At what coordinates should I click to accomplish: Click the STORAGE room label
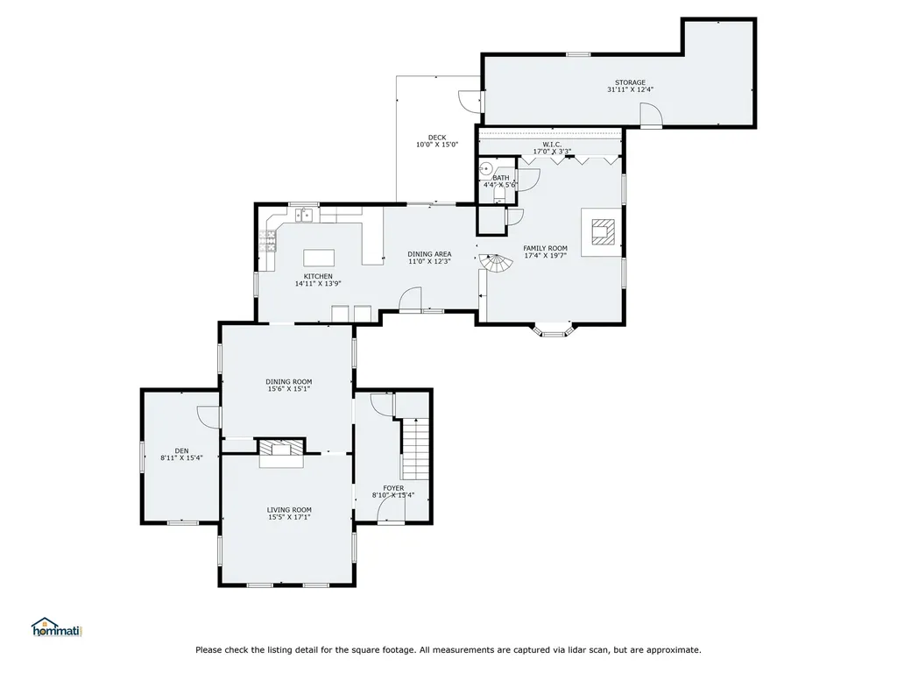coord(631,82)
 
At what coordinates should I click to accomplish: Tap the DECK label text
coord(437,138)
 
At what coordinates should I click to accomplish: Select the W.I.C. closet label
coord(552,145)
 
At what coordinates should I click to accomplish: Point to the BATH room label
coord(500,178)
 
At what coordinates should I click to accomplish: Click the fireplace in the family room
coord(603,231)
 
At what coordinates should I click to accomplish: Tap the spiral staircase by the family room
coord(497,265)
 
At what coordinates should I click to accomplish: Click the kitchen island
coord(319,258)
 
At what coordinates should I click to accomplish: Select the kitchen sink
coord(303,216)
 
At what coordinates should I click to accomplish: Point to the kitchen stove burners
coord(267,241)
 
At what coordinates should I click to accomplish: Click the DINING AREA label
coord(429,254)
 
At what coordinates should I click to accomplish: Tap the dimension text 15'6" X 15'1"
coord(289,389)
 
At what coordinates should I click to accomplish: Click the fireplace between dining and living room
coord(281,447)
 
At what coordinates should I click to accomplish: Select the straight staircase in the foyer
coord(415,449)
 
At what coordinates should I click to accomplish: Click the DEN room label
coord(181,451)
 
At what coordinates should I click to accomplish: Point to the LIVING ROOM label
coord(289,510)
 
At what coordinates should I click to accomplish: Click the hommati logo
coord(57,627)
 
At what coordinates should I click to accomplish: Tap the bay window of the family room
coord(554,329)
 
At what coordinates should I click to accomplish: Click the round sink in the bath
coord(485,168)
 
